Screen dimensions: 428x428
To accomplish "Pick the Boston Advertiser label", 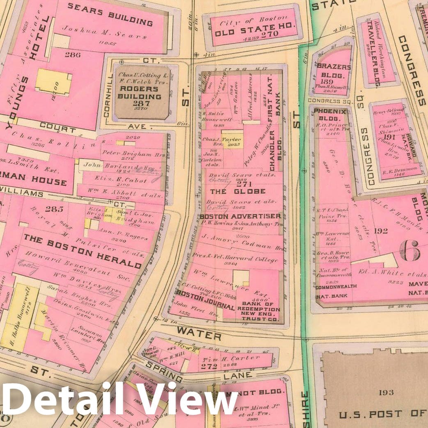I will (x=240, y=216).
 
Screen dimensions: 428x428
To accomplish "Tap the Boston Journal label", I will (x=205, y=299).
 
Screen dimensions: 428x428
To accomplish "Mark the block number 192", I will (x=380, y=231).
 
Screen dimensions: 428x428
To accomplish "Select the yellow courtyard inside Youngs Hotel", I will (x=53, y=82).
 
